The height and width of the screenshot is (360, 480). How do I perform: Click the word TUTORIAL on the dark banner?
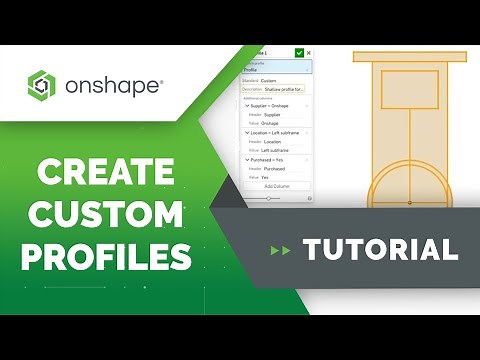click(x=381, y=249)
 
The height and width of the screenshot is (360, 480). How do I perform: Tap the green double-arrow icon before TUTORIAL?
click(x=280, y=250)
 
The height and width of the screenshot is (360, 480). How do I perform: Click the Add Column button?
click(x=278, y=186)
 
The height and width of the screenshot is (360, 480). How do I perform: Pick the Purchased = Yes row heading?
click(x=272, y=160)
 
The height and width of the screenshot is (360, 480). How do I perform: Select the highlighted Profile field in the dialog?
click(x=278, y=70)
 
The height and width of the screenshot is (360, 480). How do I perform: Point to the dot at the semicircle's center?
click(x=410, y=203)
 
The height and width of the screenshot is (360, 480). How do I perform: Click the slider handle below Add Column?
click(x=268, y=198)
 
